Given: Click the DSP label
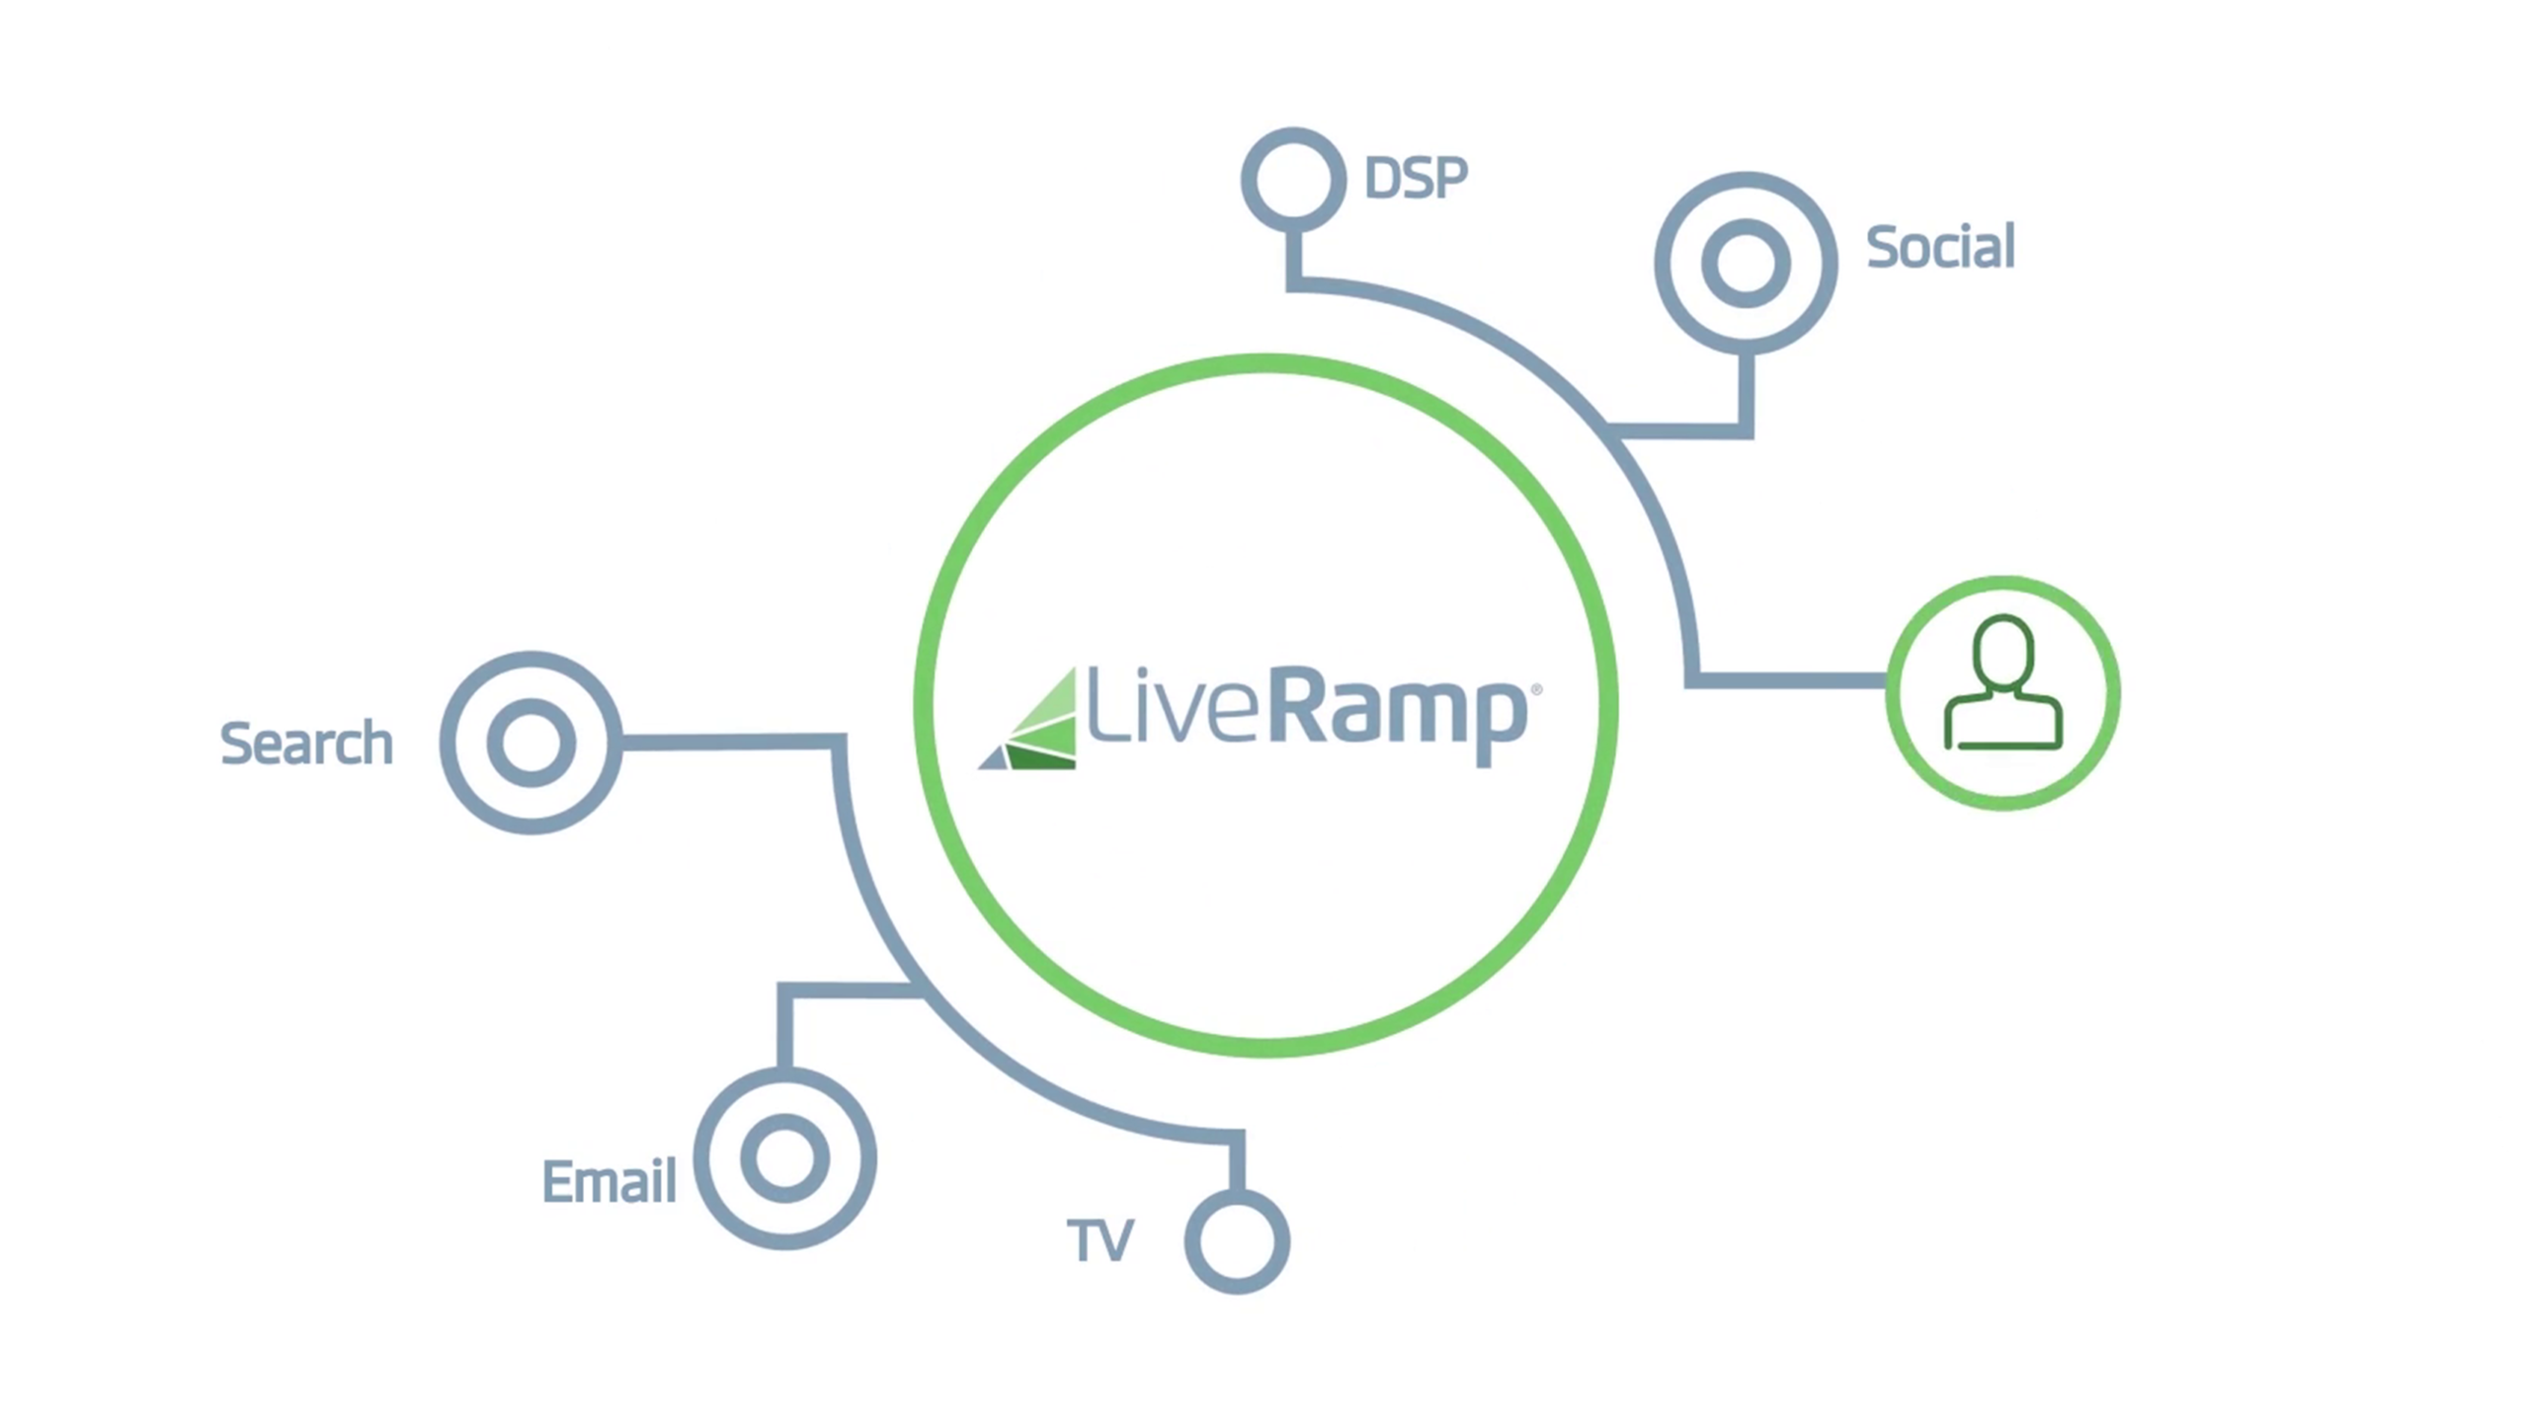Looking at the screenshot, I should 1415,179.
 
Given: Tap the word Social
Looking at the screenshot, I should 1939,247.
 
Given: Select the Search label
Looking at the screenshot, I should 306,744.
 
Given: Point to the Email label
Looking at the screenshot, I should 609,1181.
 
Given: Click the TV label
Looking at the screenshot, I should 1101,1240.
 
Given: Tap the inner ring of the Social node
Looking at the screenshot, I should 1746,264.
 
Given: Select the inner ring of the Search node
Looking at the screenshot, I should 531,743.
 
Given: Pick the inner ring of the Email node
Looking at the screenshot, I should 785,1158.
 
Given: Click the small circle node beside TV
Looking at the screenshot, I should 1237,1241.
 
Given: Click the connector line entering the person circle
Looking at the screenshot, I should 1788,680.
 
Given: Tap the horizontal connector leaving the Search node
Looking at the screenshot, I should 731,742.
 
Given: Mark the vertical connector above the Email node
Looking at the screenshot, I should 785,1027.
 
